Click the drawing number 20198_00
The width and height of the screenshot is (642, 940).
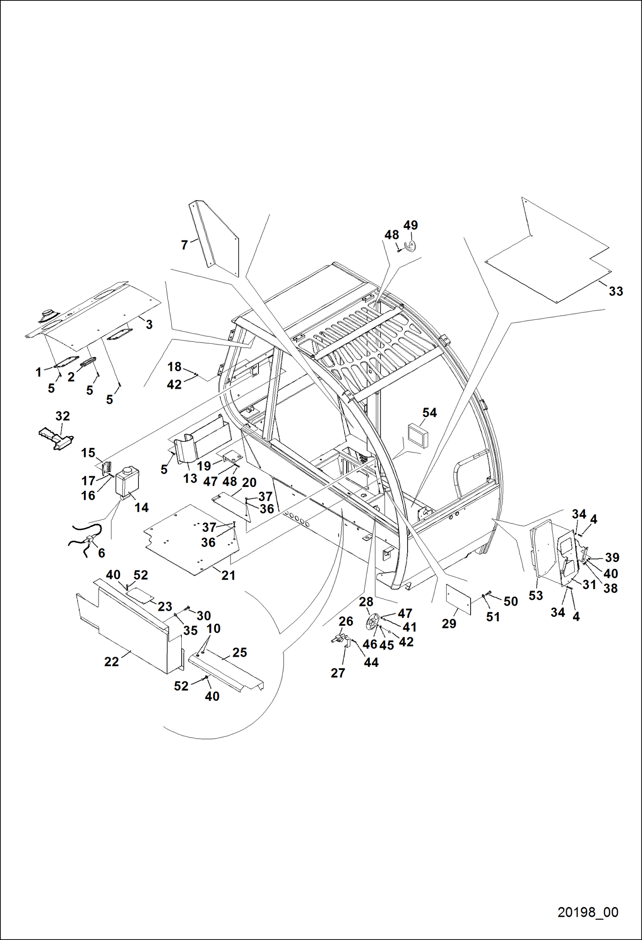(588, 912)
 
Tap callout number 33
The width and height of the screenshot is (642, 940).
(616, 291)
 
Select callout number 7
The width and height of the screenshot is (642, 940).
(184, 245)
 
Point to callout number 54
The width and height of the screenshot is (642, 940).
(429, 412)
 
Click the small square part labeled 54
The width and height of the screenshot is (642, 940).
(418, 435)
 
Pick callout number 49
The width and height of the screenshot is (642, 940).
(411, 225)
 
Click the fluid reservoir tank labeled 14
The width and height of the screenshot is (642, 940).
(127, 481)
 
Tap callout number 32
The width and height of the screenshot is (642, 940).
(63, 416)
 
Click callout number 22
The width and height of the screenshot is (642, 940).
(111, 661)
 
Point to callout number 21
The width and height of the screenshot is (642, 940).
(228, 575)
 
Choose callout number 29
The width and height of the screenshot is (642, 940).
(449, 624)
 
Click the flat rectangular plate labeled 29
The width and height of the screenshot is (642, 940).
(458, 598)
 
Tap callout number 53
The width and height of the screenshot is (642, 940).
(536, 595)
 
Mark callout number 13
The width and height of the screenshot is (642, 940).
(190, 478)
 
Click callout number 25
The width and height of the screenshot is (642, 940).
(240, 652)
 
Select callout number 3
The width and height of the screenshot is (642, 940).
(149, 324)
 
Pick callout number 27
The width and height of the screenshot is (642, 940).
(338, 673)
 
